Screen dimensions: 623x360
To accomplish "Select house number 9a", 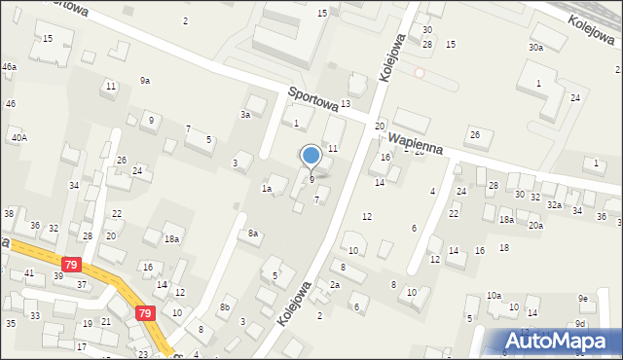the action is coord(144,81).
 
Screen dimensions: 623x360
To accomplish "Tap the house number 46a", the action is coord(9,66).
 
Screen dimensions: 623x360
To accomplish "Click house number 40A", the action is coord(19,138).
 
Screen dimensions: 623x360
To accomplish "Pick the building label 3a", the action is coord(246,115).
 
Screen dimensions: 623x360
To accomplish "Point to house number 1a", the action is coord(266,189).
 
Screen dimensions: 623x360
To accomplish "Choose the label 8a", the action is coord(253,234).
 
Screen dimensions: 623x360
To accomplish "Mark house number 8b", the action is coord(224,307).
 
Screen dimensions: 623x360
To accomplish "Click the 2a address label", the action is coord(334,285).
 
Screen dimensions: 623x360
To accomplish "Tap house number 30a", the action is coord(535,48).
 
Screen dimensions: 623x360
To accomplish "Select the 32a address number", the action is coord(554,205).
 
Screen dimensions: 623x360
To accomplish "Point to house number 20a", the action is coord(535,226).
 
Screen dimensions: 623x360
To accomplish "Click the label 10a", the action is coord(494,295).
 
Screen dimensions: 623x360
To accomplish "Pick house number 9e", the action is coord(582,298).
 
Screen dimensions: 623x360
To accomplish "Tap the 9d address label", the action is coord(580,323).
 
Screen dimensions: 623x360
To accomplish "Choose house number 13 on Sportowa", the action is coord(345,104).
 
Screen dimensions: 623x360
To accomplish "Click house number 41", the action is coord(29,273).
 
